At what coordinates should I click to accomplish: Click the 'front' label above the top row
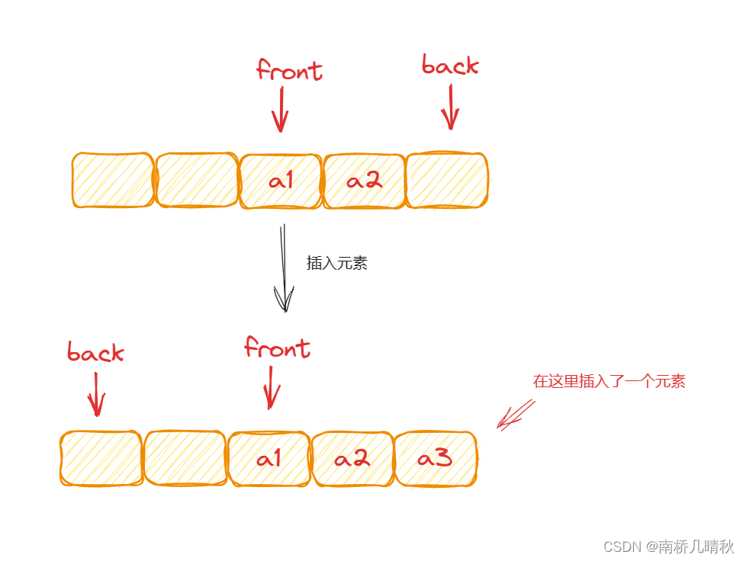[289, 71]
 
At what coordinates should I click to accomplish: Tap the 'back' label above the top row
[450, 66]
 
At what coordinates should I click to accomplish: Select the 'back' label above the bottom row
[95, 353]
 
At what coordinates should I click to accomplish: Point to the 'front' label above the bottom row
[277, 349]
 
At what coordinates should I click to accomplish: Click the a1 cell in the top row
[281, 181]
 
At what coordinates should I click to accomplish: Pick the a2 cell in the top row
[364, 181]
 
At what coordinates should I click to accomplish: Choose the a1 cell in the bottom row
[269, 459]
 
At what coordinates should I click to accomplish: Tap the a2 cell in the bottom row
[352, 459]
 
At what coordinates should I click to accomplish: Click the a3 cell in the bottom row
[436, 459]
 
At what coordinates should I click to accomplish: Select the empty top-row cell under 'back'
[446, 181]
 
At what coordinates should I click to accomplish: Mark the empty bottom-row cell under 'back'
[101, 458]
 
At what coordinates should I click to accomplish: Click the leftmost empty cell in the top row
[113, 181]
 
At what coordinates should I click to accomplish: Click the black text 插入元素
[337, 264]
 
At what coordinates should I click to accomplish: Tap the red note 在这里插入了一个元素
[609, 382]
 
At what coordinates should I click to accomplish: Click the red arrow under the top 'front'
[281, 109]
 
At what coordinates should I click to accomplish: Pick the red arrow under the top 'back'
[450, 107]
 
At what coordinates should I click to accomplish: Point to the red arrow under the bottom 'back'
[96, 394]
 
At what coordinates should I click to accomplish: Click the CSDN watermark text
[668, 547]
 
